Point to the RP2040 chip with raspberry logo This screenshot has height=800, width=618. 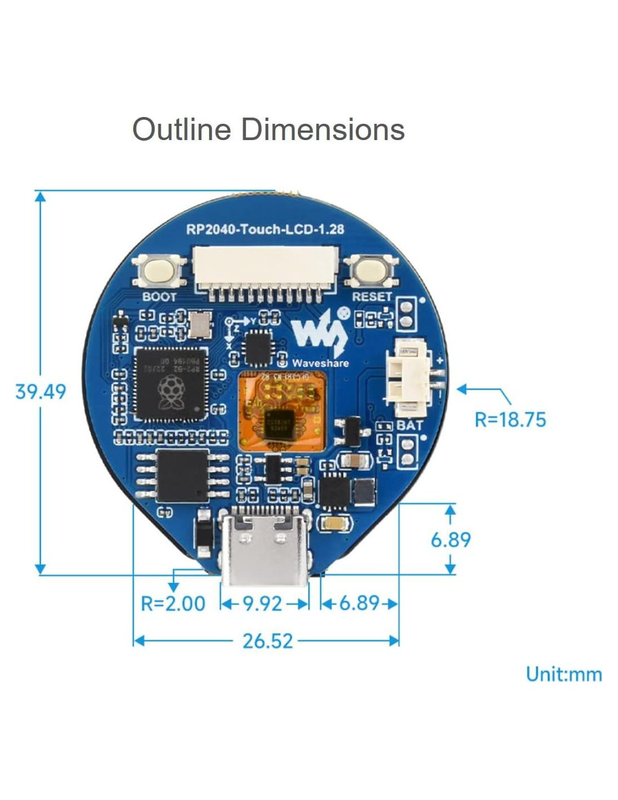point(170,384)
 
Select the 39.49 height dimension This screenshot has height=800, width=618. point(40,392)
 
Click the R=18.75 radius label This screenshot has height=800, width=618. point(510,420)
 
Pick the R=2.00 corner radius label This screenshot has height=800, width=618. point(173,604)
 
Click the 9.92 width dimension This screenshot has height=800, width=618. point(262,604)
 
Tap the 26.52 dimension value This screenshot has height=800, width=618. point(267,641)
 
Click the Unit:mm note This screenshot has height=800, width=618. point(564,674)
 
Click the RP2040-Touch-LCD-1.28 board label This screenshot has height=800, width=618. point(265,229)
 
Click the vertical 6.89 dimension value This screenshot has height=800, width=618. point(451,540)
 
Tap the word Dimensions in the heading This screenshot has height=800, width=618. point(323,129)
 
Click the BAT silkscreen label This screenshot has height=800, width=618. point(410,425)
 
